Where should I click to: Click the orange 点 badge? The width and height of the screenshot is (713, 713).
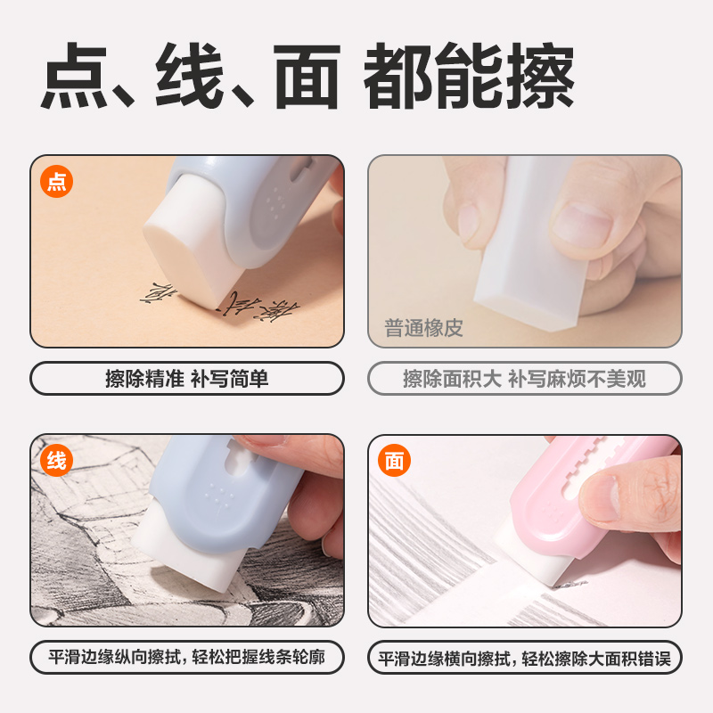click(x=56, y=183)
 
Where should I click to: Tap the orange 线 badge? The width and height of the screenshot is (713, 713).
click(x=56, y=461)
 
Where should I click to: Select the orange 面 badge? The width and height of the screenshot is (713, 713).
click(x=394, y=461)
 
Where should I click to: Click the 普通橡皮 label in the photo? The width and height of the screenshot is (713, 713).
click(x=424, y=328)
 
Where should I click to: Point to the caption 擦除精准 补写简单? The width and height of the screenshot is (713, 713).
click(x=187, y=378)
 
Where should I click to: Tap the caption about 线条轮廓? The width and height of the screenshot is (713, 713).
click(x=187, y=659)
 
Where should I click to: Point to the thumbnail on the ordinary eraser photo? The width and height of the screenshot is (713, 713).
click(x=583, y=223)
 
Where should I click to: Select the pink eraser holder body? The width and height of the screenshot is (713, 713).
click(x=544, y=499)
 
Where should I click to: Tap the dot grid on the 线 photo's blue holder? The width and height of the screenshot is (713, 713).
click(x=216, y=495)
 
